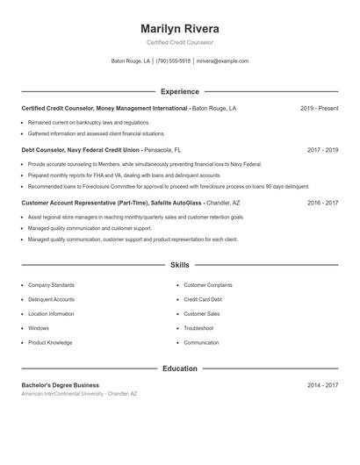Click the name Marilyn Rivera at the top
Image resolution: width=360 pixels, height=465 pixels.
(180, 28)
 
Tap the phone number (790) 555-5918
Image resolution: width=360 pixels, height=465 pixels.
(173, 61)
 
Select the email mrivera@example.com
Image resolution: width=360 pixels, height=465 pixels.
(222, 61)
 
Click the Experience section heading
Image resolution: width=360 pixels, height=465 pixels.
(180, 91)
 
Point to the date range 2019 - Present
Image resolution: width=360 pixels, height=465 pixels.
(319, 108)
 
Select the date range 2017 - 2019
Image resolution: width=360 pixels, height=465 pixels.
(322, 150)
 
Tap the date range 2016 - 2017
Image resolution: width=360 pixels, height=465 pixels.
(322, 203)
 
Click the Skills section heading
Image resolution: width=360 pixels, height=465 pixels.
(180, 264)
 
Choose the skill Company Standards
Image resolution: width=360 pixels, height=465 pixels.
(51, 285)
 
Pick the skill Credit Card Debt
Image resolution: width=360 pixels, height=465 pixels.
(203, 299)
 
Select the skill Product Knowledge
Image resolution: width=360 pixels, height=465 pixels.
(50, 342)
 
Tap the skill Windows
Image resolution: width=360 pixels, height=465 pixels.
(39, 328)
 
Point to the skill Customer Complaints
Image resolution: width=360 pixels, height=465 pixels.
(208, 285)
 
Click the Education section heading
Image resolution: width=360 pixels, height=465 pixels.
(180, 368)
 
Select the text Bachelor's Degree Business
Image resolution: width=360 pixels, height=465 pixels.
(61, 385)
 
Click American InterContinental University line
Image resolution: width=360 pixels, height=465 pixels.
(79, 394)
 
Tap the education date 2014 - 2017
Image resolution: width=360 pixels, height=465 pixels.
(322, 385)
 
